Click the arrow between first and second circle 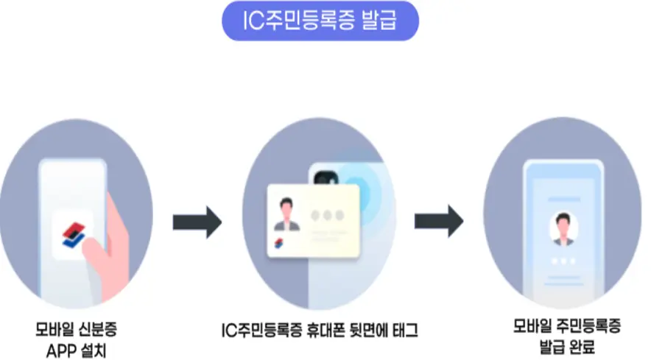(x=197, y=222)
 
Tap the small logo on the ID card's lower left (x=279, y=243)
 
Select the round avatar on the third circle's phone (x=563, y=229)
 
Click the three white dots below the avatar (x=563, y=262)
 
